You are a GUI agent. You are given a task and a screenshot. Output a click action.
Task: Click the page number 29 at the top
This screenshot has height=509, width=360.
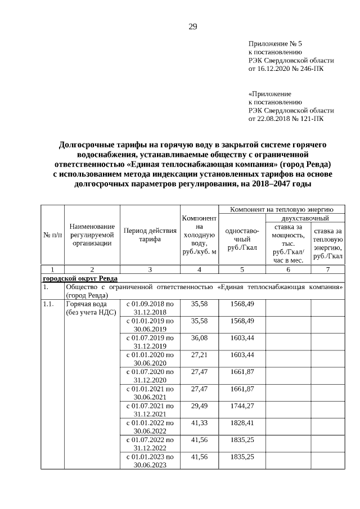point(192,26)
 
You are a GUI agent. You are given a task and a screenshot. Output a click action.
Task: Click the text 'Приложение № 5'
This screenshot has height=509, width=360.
point(275,43)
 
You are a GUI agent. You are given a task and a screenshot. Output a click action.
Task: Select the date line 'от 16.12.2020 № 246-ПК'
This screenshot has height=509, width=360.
point(286,69)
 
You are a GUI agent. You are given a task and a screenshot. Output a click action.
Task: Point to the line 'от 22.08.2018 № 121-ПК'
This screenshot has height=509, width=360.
point(286,119)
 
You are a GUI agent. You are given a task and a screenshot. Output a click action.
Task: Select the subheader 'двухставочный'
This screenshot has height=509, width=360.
point(305,218)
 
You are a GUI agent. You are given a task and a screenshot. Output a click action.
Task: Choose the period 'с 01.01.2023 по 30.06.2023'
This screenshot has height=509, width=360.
point(150,461)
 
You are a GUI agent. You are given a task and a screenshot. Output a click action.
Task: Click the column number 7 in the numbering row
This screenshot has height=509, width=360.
point(328,270)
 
